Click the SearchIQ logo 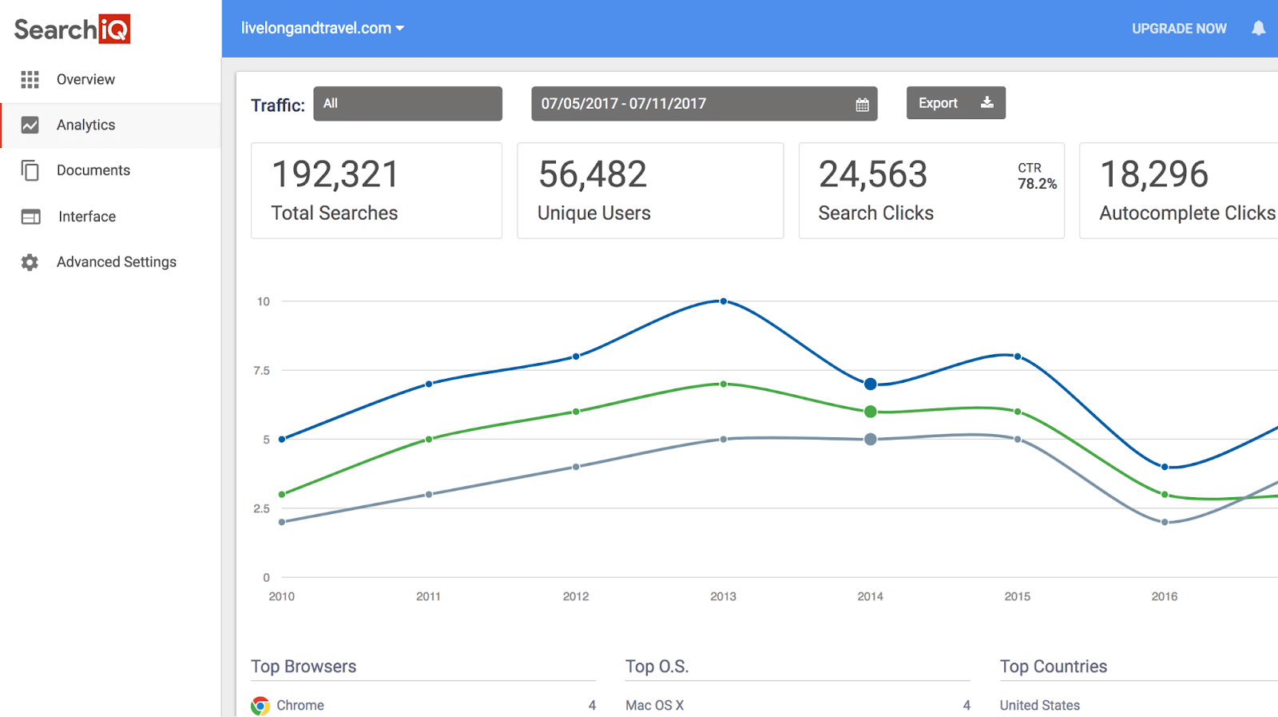coord(72,30)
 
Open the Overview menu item coord(85,79)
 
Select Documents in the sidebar coord(93,170)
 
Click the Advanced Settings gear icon coord(30,262)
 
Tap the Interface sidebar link coord(86,217)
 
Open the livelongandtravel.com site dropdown coord(323,28)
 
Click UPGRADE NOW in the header coord(1179,29)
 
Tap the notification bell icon coord(1258,29)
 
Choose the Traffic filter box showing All coord(407,104)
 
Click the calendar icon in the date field coord(862,105)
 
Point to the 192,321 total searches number coord(335,174)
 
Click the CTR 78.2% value coord(1037,184)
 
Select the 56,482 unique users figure coord(593,174)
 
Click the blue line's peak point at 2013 coord(724,301)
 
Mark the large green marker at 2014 coord(871,412)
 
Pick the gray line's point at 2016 coord(1165,522)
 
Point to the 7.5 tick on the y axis coord(261,371)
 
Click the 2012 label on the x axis coord(576,596)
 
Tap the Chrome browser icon coord(260,706)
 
